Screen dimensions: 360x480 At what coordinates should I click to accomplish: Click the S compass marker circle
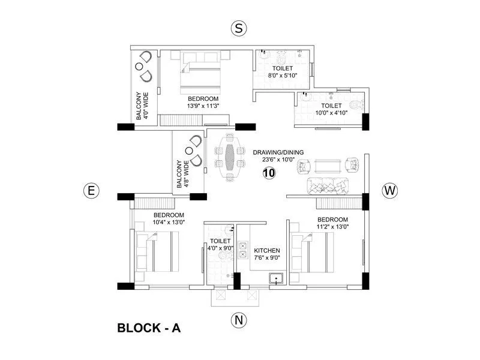(239, 28)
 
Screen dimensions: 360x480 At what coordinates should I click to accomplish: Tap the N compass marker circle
(239, 320)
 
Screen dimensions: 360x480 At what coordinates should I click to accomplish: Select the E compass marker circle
(91, 191)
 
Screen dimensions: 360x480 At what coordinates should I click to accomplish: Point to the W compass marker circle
(389, 191)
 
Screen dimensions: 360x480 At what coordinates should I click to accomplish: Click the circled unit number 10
(269, 173)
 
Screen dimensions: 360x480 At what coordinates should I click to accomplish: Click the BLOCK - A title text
(149, 328)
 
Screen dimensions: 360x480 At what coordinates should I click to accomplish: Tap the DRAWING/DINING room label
(278, 152)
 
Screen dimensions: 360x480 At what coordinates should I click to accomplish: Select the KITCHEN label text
(267, 250)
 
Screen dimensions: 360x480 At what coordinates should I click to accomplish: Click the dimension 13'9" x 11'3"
(203, 107)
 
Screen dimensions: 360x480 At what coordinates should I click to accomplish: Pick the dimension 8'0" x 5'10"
(283, 76)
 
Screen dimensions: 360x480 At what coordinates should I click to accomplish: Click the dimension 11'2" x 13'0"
(332, 227)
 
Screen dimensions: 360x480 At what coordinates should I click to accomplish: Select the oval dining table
(230, 157)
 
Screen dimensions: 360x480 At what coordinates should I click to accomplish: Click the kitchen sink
(277, 278)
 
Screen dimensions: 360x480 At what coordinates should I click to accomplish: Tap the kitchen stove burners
(243, 249)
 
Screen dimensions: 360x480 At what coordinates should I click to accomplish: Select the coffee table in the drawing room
(324, 166)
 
